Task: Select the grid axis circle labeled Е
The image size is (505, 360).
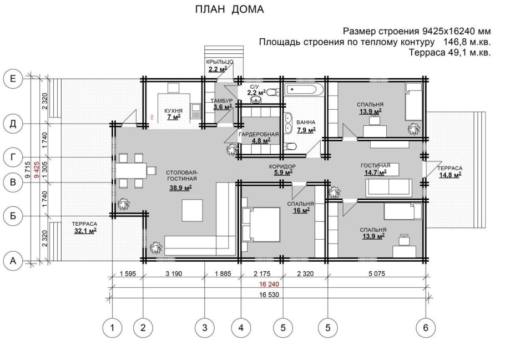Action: [x=13, y=79]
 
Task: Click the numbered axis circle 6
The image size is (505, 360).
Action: [x=426, y=328]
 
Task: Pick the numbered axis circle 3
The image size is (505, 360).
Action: [x=204, y=328]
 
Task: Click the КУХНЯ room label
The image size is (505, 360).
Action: [x=173, y=111]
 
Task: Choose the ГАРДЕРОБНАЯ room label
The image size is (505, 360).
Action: [x=259, y=134]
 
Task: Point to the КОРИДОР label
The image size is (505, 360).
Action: [x=282, y=166]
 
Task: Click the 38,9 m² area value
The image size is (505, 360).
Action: [x=180, y=187]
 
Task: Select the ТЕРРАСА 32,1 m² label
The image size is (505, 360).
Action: [x=85, y=227]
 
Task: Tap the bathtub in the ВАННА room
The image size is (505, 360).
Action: [x=302, y=89]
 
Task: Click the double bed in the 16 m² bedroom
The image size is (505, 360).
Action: [x=260, y=224]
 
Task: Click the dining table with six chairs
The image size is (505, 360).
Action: [x=132, y=170]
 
